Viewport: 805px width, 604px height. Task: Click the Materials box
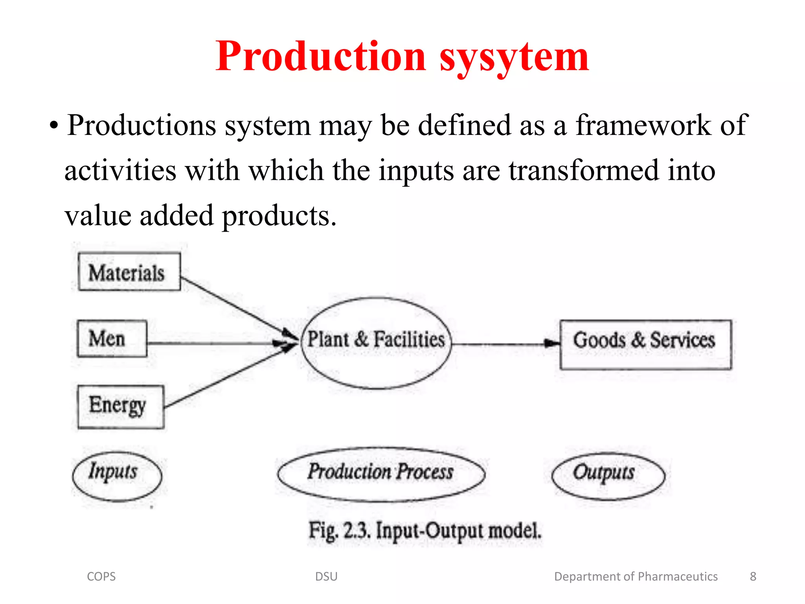129,272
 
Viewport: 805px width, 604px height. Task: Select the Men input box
112,339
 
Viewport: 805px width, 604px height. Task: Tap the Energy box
121,407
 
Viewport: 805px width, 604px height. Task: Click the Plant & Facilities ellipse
376,343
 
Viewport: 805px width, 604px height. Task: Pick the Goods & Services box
645,344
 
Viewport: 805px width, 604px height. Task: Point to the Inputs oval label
117,476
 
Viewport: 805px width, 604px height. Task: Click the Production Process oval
381,474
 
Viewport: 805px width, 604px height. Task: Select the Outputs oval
608,476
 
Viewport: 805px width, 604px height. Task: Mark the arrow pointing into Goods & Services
507,344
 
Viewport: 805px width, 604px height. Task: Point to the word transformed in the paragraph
584,170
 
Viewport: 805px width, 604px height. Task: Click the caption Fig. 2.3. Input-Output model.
425,531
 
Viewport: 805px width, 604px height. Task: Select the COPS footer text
101,576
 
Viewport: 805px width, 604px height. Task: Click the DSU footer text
326,576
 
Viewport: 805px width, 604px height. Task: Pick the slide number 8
753,576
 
